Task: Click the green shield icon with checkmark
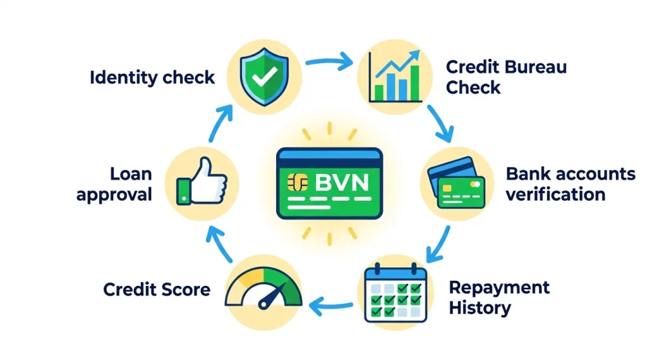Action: click(265, 77)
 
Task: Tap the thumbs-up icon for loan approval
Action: click(202, 182)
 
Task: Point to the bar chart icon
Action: click(394, 76)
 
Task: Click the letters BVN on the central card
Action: click(342, 182)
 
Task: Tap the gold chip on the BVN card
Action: click(298, 182)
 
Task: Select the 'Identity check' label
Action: click(152, 77)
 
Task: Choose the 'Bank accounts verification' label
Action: click(570, 184)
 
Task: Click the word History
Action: click(479, 308)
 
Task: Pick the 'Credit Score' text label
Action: click(157, 289)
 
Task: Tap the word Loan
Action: click(131, 174)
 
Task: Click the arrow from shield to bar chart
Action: click(329, 62)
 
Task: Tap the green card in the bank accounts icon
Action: click(461, 193)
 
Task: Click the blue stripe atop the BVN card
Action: click(329, 155)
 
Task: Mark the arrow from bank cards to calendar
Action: click(438, 244)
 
